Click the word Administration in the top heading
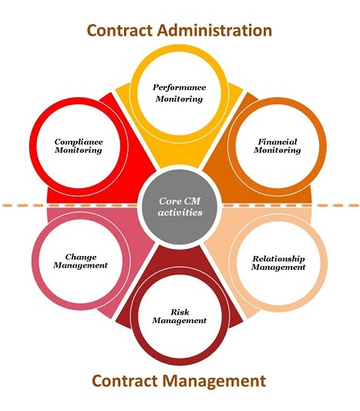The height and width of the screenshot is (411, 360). pos(214,30)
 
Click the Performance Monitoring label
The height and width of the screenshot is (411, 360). pos(180,93)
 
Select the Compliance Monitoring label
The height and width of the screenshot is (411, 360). pos(79,146)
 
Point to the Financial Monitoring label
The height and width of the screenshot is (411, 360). pos(278,146)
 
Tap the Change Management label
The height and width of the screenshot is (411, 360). pos(80,261)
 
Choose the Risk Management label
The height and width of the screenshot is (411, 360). pos(180,316)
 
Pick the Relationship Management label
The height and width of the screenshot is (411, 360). pos(278,263)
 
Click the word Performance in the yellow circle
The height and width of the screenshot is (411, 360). pos(180,88)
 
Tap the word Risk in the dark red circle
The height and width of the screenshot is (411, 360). pos(180,312)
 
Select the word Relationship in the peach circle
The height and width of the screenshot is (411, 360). pos(278,259)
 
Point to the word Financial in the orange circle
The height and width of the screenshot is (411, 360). pos(278,142)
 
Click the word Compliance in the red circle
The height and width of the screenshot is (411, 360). pos(79,142)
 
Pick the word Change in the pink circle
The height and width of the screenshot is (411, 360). pos(81,257)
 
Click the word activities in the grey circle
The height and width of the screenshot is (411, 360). pos(180,212)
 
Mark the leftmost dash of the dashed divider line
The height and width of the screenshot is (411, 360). pos(7,205)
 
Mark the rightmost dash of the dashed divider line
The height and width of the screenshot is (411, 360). pos(354,205)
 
